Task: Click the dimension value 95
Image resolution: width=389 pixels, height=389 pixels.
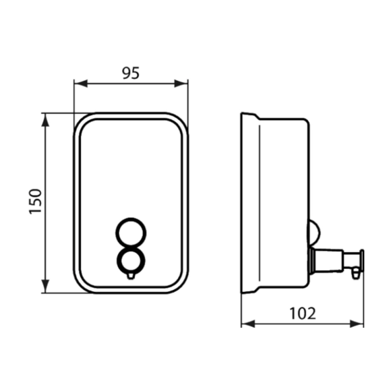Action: tap(130, 73)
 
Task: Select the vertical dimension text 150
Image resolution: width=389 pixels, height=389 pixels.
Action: tap(36, 201)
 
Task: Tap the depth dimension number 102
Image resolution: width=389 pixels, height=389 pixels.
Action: tap(303, 313)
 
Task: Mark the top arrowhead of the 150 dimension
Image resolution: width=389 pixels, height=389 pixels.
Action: tap(46, 119)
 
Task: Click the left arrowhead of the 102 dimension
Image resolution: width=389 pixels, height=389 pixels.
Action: tap(246, 324)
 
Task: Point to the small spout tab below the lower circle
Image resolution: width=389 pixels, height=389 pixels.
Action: tap(130, 275)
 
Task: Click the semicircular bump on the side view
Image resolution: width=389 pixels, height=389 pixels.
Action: tap(312, 231)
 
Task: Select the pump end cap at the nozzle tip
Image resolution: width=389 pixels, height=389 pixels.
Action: tap(360, 260)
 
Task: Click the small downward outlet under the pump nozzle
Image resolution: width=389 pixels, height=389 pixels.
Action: tap(355, 272)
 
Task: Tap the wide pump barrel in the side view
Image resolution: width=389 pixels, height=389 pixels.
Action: tap(327, 260)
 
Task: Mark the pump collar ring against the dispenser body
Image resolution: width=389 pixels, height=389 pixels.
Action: tap(311, 260)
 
